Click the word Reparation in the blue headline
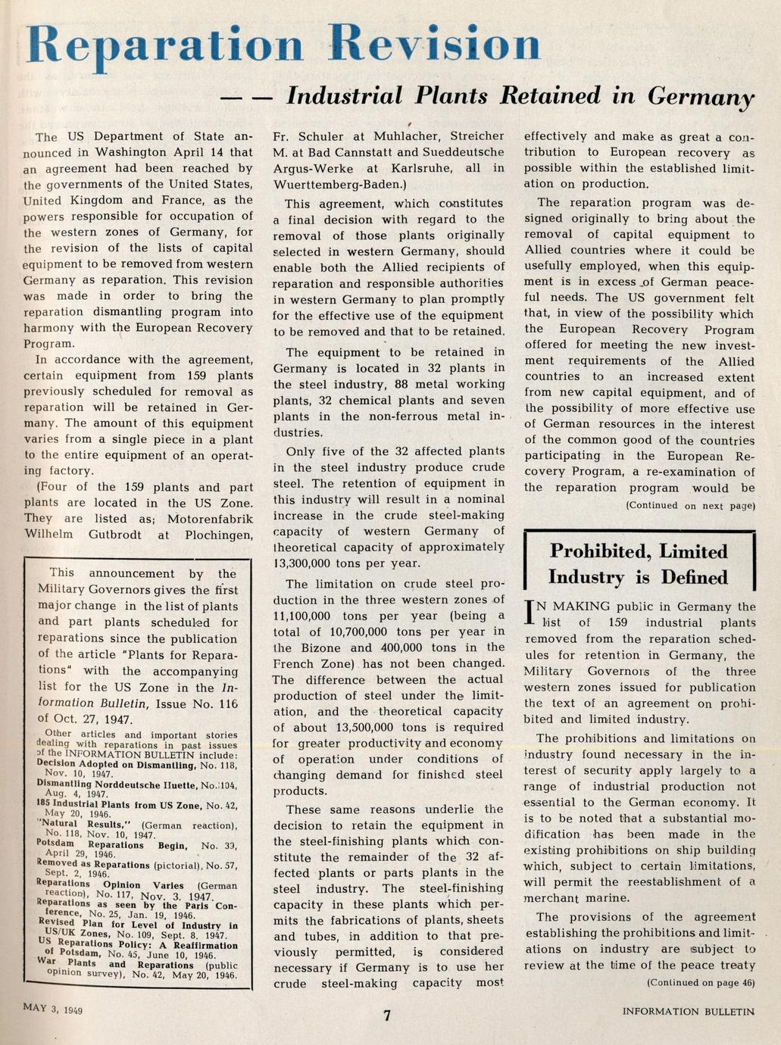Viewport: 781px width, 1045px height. coord(165,45)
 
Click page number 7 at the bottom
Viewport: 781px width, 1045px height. coord(387,1015)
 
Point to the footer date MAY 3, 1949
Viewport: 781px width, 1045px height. coord(53,1009)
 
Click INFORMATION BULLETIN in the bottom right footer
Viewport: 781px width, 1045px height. coord(689,1012)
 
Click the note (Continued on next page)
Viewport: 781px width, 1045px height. coord(690,505)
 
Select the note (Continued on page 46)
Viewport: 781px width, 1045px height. coord(701,982)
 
